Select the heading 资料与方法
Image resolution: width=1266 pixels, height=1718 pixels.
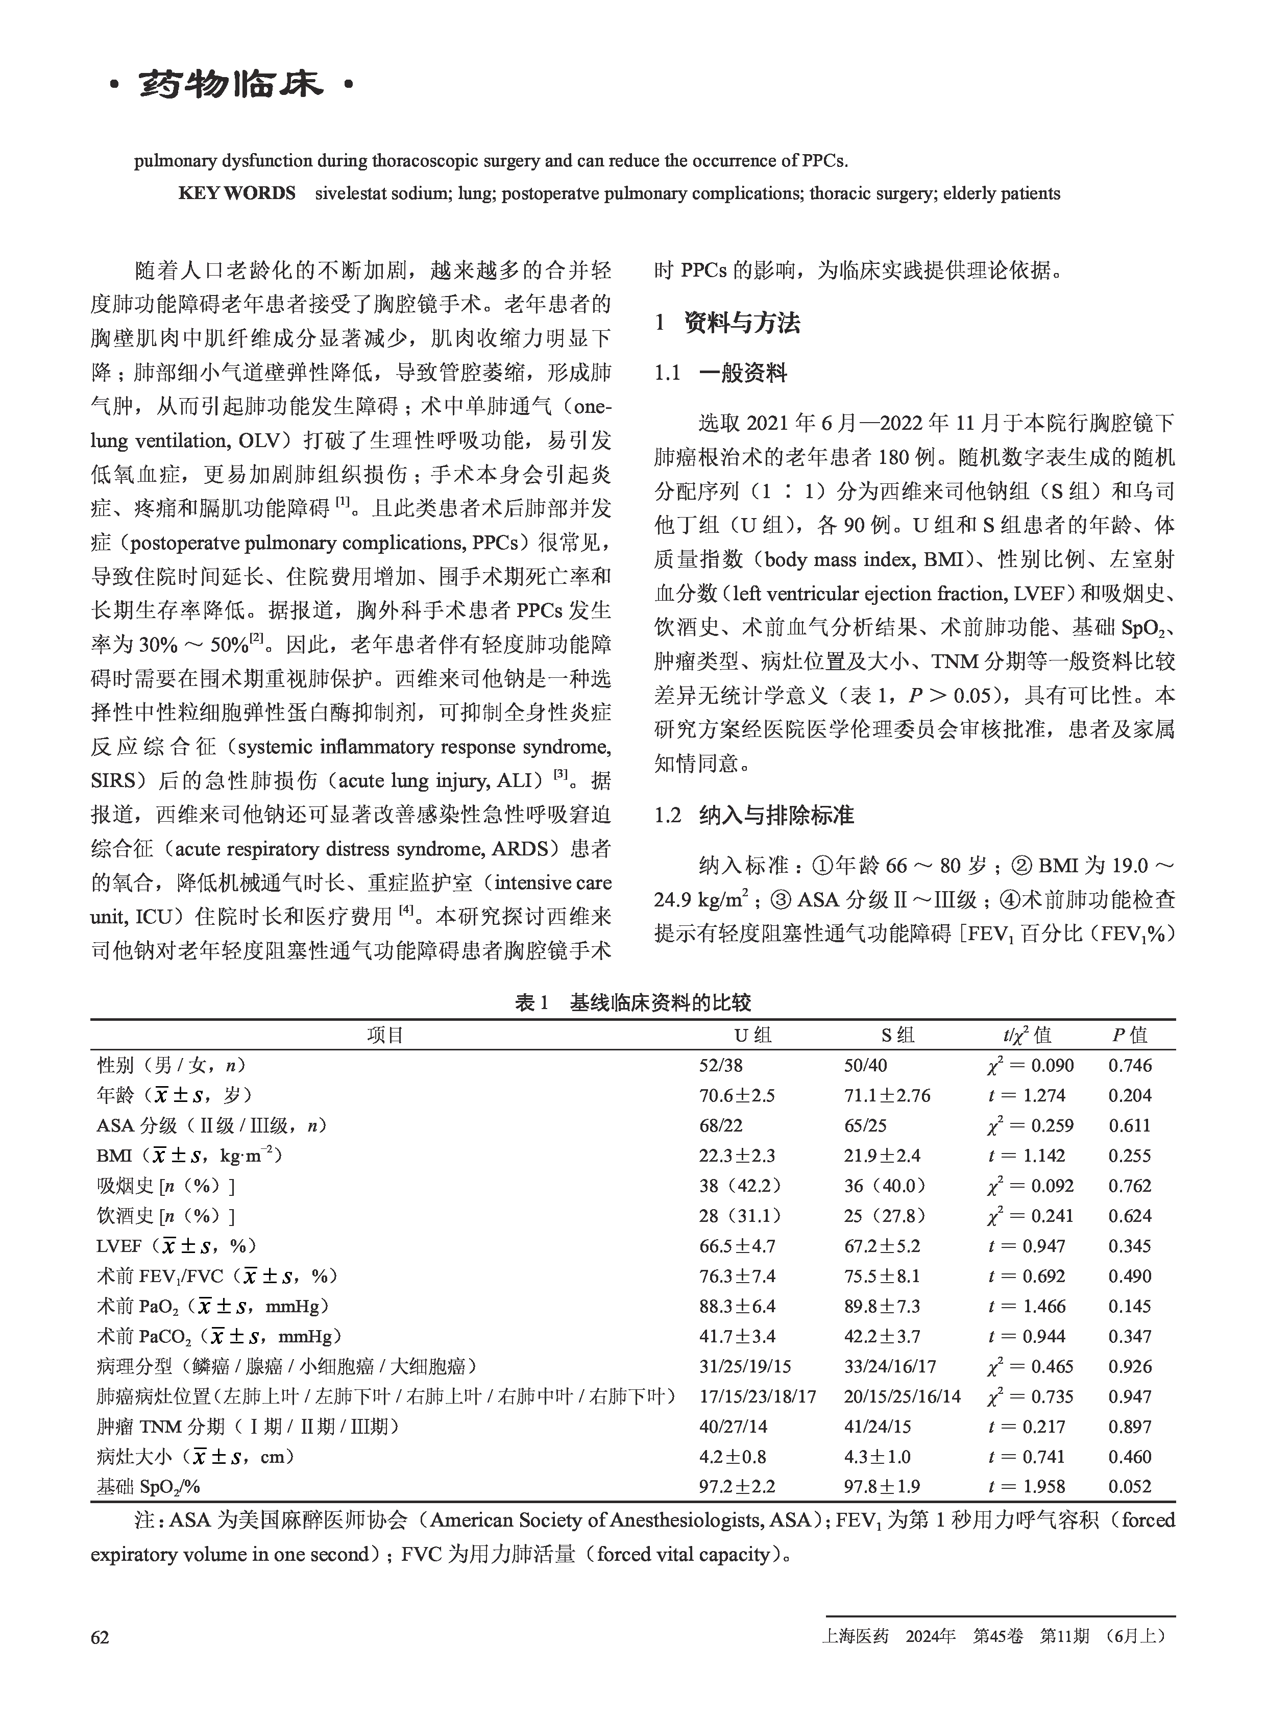click(x=742, y=323)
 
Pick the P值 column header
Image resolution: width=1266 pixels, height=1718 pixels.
click(x=1130, y=1035)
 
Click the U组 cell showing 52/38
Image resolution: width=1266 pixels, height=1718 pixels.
click(x=721, y=1065)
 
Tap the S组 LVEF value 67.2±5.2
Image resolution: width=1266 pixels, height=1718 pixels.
click(x=882, y=1246)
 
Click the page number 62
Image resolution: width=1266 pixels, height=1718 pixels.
click(x=100, y=1637)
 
